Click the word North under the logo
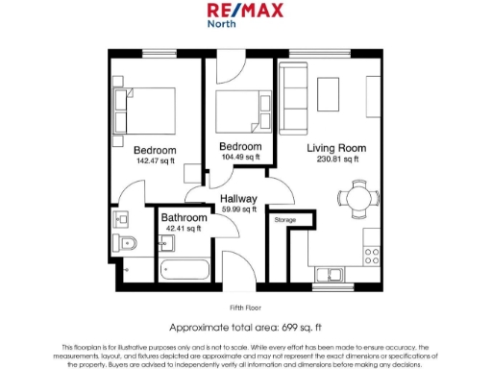pyautogui.click(x=222, y=25)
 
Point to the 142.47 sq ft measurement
pyautogui.click(x=154, y=161)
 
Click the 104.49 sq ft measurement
pyautogui.click(x=240, y=157)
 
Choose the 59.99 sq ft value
pyautogui.click(x=238, y=209)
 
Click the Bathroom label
pyautogui.click(x=184, y=218)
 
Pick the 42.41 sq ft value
pyautogui.click(x=184, y=229)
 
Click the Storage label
pyautogui.click(x=284, y=221)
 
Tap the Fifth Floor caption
pyautogui.click(x=245, y=307)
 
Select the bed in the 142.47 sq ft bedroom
pyautogui.click(x=143, y=104)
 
